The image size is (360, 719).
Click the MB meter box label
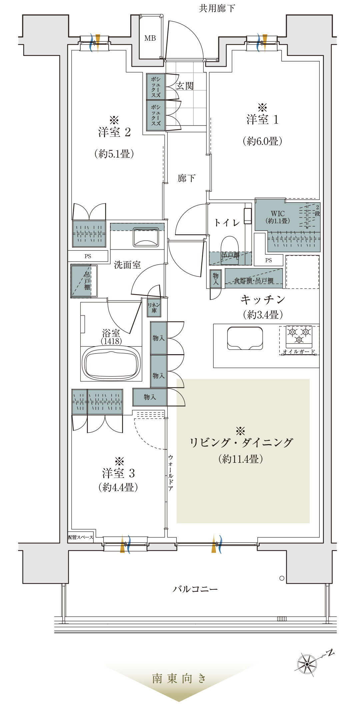(150, 38)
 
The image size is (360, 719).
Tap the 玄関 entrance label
(185, 86)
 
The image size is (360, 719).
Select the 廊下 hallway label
(186, 178)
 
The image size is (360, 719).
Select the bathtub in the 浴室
(111, 363)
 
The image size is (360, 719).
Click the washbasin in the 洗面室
(146, 237)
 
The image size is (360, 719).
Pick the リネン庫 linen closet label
(154, 308)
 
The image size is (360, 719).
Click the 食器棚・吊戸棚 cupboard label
(254, 281)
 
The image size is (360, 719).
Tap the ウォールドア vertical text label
(171, 473)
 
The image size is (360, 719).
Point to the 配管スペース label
(81, 537)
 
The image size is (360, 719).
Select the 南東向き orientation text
(179, 678)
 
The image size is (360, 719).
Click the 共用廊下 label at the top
(217, 8)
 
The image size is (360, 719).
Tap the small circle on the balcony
(282, 578)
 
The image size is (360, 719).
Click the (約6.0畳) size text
(262, 141)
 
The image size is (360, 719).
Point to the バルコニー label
(195, 589)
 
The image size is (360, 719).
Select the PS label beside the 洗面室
(88, 256)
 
